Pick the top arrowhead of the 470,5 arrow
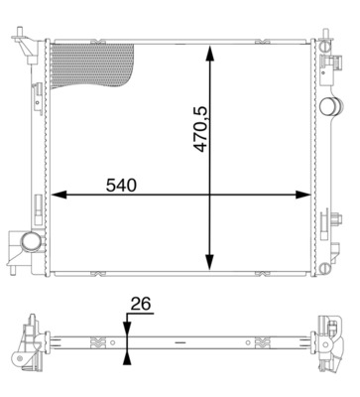(x=210, y=50)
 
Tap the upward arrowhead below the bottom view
(x=127, y=358)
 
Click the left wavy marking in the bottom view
(x=98, y=345)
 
